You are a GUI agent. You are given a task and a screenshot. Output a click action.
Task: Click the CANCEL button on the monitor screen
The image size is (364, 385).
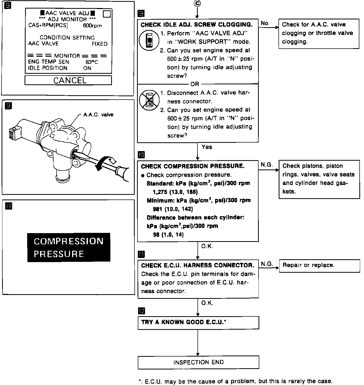point(68,80)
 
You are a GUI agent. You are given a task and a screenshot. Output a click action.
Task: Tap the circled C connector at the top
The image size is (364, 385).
point(197,3)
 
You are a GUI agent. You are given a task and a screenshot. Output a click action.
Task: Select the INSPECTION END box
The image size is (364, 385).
point(198,362)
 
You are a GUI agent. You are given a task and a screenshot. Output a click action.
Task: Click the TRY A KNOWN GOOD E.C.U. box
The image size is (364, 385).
point(198,322)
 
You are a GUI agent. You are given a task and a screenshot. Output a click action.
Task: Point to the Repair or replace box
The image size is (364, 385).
point(319,265)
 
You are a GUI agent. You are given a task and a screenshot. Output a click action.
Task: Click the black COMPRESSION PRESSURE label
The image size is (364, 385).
point(69,247)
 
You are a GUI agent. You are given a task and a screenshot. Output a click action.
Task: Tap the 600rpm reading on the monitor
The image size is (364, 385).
point(92,26)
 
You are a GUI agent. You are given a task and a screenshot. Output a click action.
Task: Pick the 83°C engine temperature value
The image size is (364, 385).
point(92,62)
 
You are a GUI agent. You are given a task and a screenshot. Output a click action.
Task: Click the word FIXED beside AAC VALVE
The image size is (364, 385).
point(100,44)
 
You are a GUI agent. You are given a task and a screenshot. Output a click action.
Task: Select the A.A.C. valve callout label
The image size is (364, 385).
point(98,115)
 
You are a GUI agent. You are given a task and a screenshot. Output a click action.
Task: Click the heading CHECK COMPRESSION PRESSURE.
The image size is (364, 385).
point(193,166)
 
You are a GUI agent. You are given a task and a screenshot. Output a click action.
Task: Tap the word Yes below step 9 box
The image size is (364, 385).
point(207,147)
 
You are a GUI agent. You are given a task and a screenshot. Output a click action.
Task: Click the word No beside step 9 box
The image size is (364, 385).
point(264,23)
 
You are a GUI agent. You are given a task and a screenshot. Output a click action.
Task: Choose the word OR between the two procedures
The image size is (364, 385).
point(195,84)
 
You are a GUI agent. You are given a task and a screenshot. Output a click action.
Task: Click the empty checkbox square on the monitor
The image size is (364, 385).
point(107,14)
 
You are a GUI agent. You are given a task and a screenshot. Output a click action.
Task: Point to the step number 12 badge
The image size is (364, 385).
point(142,311)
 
